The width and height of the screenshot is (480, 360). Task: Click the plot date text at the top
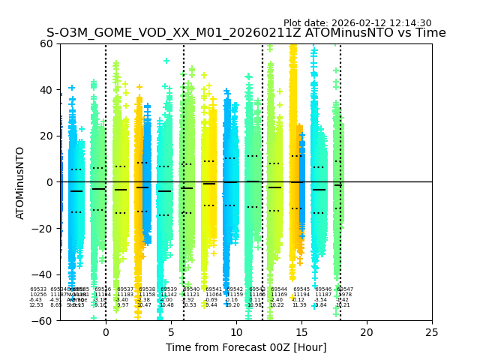(x=357, y=23)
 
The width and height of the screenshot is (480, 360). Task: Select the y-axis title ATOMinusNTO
(x=21, y=182)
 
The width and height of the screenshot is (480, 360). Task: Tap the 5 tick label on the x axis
(x=171, y=332)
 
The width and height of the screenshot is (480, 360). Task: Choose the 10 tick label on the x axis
(x=236, y=332)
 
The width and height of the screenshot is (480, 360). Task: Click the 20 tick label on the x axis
(x=367, y=332)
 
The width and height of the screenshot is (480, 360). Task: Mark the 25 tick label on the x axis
(x=432, y=332)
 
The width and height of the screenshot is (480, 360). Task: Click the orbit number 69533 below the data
(x=38, y=289)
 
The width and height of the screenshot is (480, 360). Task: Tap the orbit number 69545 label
(x=301, y=289)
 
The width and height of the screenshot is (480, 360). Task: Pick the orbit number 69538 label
(x=147, y=289)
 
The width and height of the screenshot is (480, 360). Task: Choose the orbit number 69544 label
(x=279, y=289)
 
